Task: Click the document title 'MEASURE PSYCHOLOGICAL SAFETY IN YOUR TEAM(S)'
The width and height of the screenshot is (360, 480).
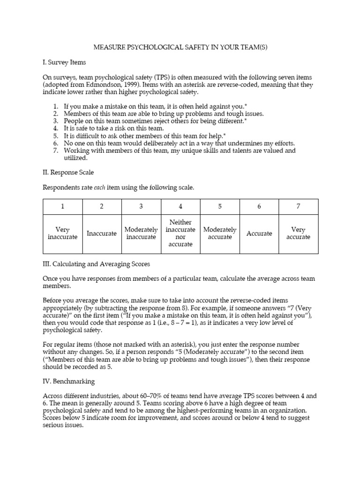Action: [180, 47]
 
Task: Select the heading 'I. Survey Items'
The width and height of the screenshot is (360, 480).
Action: [64, 62]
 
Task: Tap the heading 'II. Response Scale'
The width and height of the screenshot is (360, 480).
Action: [68, 172]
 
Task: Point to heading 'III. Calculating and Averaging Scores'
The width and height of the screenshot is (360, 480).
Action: [96, 264]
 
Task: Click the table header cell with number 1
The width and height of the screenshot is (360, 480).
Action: [62, 207]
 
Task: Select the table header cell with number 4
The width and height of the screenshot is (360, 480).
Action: [180, 207]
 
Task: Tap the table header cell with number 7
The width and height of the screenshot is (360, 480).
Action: [298, 207]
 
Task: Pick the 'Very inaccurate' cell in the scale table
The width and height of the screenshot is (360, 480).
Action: [62, 233]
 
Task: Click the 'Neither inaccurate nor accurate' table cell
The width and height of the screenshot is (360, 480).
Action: [180, 233]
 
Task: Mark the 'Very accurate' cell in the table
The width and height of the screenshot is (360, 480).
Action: [298, 233]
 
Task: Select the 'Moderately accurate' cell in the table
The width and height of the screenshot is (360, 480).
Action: [220, 233]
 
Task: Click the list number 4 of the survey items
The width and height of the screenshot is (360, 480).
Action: [55, 128]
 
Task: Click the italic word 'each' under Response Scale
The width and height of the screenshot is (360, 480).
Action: [101, 187]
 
